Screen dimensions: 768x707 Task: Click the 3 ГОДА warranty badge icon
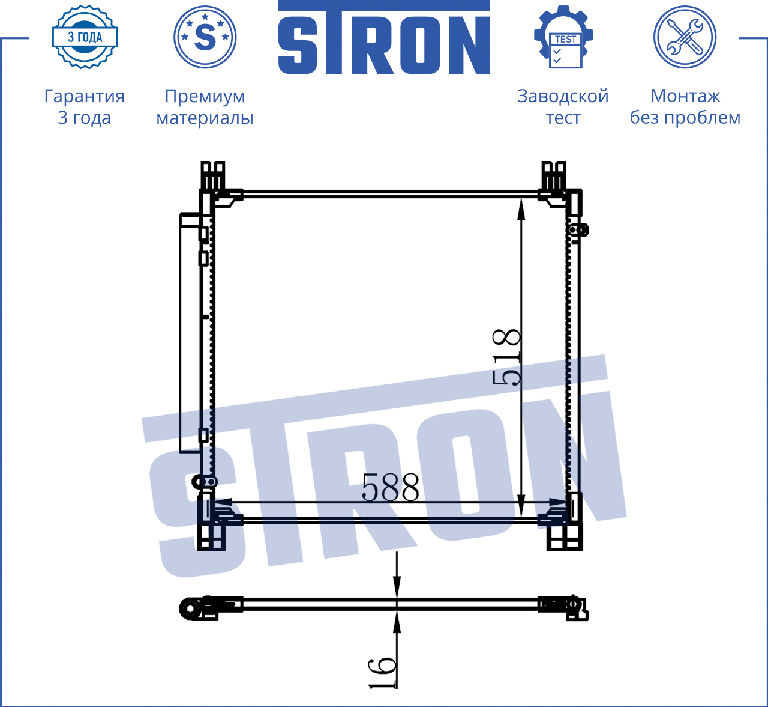point(85,37)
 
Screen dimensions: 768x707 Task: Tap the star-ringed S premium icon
point(205,37)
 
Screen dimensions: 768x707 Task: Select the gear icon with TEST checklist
point(563,37)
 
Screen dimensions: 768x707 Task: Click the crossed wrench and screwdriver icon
point(685,37)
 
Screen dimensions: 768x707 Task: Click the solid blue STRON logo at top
point(383,37)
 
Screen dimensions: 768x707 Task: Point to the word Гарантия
point(85,96)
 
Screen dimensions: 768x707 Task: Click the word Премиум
point(205,96)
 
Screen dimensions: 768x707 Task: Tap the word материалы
point(205,118)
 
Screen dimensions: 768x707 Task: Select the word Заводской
point(563,96)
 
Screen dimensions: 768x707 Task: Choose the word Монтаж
point(685,96)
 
